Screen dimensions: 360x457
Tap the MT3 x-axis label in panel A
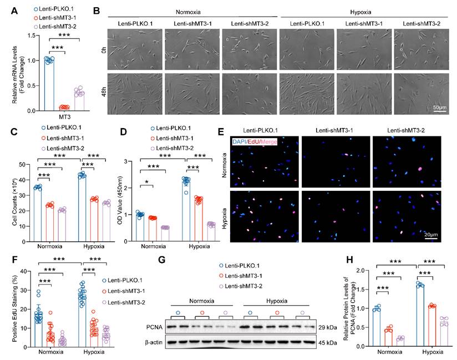click(65, 118)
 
